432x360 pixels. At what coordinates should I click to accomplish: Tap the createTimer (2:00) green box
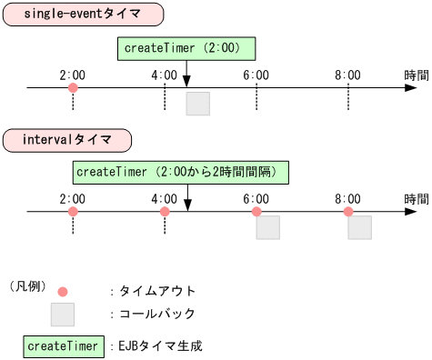[x=186, y=48]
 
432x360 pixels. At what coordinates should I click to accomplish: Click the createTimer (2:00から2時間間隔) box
[x=181, y=172]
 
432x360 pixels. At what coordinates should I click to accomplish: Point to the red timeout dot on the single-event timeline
[x=73, y=88]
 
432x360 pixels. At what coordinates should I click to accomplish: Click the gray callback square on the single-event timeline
[x=197, y=104]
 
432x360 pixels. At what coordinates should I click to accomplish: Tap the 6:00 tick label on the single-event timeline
[x=256, y=74]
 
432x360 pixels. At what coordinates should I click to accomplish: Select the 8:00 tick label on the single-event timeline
[x=347, y=74]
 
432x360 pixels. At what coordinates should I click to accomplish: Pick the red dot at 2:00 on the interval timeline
[x=73, y=212]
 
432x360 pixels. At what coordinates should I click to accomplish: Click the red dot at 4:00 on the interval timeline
[x=165, y=212]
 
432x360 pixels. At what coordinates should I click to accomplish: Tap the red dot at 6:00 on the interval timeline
[x=256, y=212]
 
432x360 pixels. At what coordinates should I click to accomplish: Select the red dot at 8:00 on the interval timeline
[x=347, y=212]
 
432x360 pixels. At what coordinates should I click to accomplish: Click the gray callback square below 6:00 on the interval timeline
[x=267, y=227]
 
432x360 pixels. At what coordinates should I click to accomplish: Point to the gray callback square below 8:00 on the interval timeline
[x=359, y=227]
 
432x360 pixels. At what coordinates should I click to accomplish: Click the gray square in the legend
[x=63, y=315]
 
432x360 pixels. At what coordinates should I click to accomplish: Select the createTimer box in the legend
[x=63, y=346]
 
